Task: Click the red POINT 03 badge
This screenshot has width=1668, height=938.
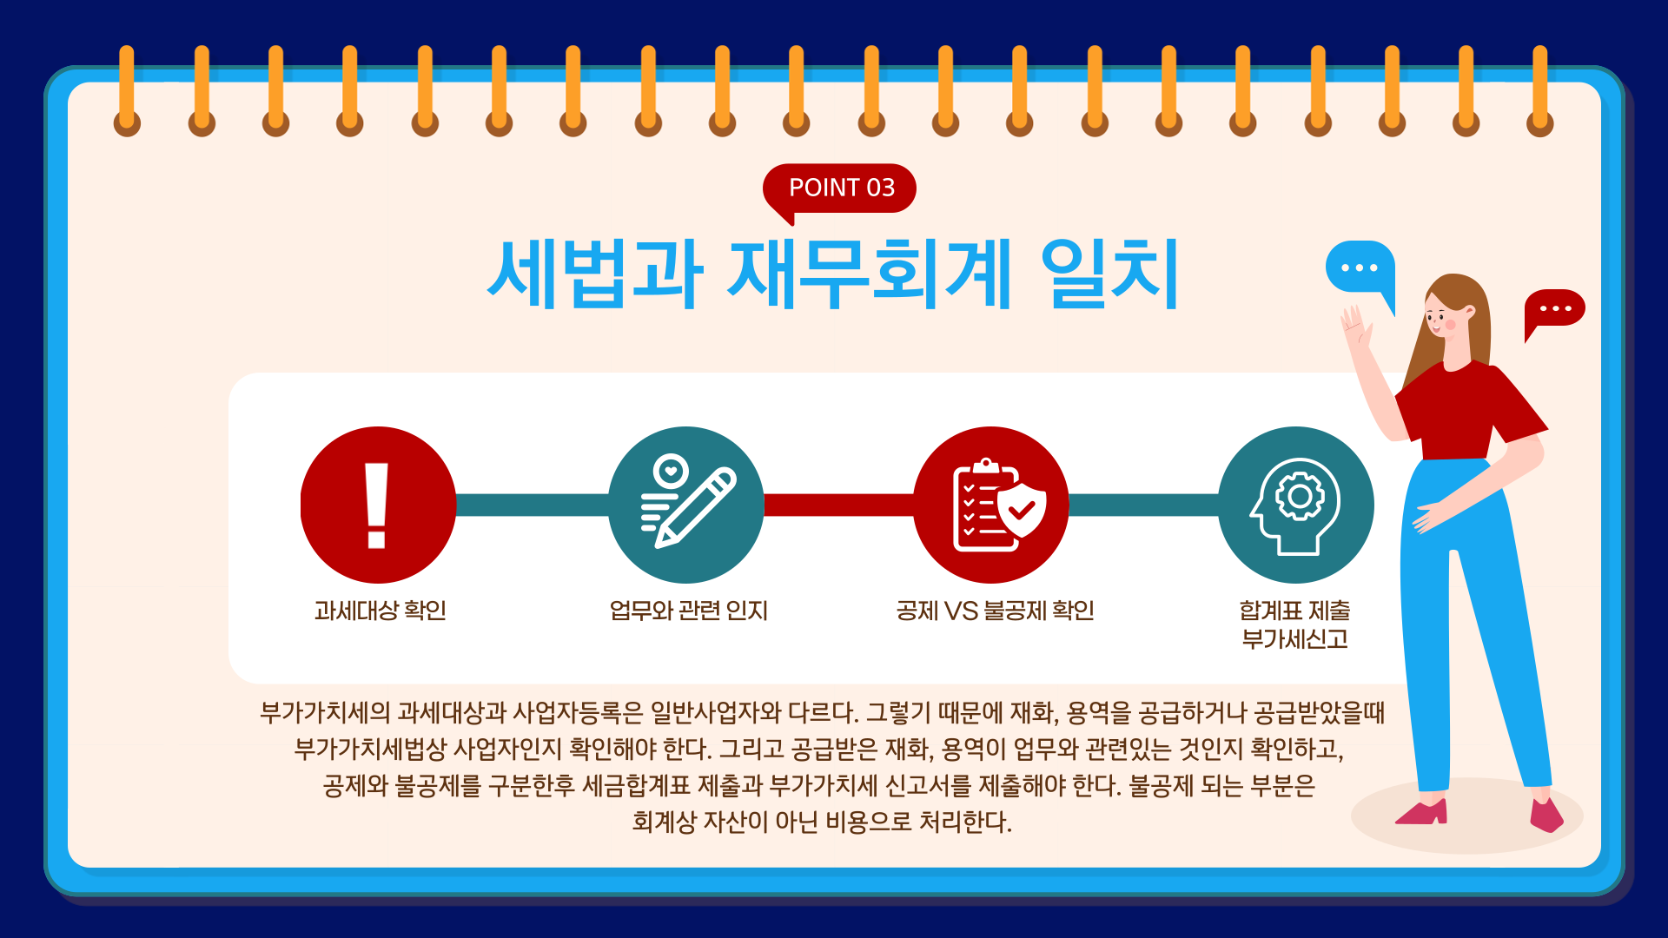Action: pyautogui.click(x=839, y=188)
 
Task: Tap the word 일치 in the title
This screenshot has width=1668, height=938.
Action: pyautogui.click(x=1110, y=274)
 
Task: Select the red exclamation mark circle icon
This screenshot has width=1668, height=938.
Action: pyautogui.click(x=378, y=505)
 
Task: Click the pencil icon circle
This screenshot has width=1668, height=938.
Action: pyautogui.click(x=686, y=505)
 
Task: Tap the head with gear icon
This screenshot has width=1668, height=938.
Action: pyautogui.click(x=1296, y=505)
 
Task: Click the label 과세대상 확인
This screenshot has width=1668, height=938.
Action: pyautogui.click(x=380, y=611)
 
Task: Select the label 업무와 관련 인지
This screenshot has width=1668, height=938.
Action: pyautogui.click(x=688, y=611)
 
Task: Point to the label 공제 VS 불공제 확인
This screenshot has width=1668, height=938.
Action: pyautogui.click(x=995, y=611)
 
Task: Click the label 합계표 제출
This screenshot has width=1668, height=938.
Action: pyautogui.click(x=1294, y=611)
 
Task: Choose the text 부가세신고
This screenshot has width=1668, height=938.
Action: pyautogui.click(x=1294, y=639)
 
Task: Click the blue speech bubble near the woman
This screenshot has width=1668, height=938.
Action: pyautogui.click(x=1360, y=271)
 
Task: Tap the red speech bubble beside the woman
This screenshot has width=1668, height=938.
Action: pyautogui.click(x=1554, y=311)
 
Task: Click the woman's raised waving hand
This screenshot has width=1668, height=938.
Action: pyautogui.click(x=1355, y=326)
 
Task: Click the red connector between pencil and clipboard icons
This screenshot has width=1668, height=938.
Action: pyautogui.click(x=838, y=505)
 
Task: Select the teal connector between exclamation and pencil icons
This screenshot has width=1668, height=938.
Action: pyautogui.click(x=532, y=505)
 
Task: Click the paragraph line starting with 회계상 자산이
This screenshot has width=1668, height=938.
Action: pyautogui.click(x=822, y=822)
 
